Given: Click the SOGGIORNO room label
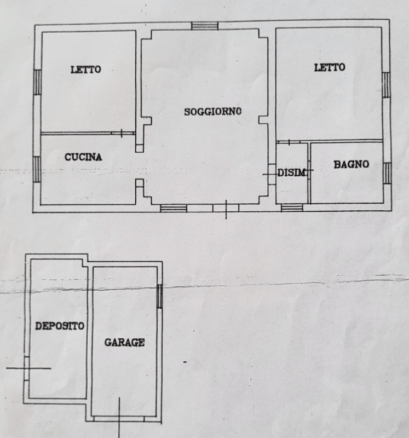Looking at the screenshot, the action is (212, 112).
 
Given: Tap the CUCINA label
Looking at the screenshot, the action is (83, 157).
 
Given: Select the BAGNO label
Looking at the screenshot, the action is (351, 164).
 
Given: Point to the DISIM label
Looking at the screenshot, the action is (291, 173).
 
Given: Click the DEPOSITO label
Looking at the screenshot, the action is (60, 326).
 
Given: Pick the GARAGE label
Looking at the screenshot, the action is (124, 343).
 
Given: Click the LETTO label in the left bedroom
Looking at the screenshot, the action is (85, 70).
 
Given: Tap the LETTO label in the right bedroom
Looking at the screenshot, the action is (330, 67).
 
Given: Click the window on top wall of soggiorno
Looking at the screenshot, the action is (205, 26).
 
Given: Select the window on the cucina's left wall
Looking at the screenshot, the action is (37, 169).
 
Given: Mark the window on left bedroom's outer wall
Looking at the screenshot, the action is (37, 82).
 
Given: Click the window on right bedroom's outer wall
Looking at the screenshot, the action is (386, 85).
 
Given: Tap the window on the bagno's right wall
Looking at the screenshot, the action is (387, 173).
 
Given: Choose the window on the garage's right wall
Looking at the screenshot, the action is (159, 296).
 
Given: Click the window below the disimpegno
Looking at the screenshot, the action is (292, 208).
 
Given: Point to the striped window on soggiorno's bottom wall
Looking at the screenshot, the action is (174, 208).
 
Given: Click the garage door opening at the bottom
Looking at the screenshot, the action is (119, 419).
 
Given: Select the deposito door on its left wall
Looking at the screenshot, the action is (26, 368).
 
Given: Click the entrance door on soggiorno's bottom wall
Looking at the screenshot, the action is (226, 208).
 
